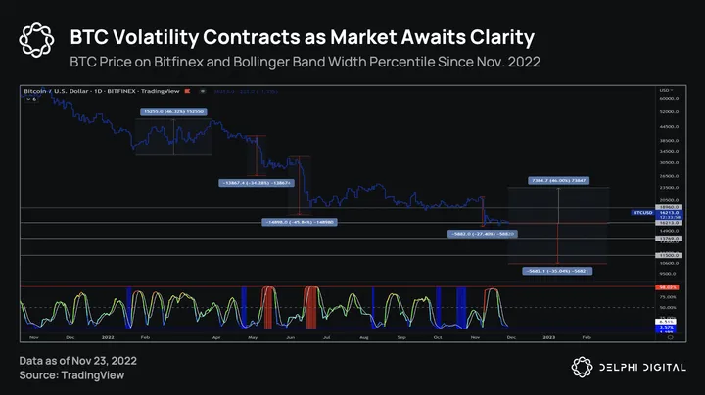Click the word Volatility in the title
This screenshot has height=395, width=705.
tap(197, 38)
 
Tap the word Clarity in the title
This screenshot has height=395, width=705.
tap(496, 38)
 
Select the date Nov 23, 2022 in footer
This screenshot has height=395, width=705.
tap(111, 360)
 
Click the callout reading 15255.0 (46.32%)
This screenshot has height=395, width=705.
tap(173, 112)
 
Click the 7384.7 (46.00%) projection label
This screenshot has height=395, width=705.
tap(557, 182)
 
